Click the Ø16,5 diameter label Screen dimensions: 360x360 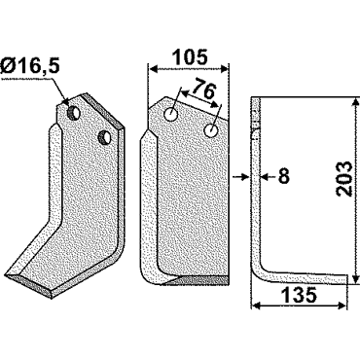click(30, 66)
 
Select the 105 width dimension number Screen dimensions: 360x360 click(190, 57)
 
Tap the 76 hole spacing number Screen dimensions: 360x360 click(203, 90)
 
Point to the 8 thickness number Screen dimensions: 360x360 click(283, 177)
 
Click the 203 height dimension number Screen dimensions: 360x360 click(343, 178)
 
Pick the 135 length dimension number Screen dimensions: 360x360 click(300, 296)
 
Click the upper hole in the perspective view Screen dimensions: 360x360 click(74, 112)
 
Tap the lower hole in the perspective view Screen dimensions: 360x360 click(105, 137)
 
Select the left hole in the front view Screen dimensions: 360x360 click(170, 114)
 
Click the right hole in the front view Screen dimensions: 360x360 click(211, 130)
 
